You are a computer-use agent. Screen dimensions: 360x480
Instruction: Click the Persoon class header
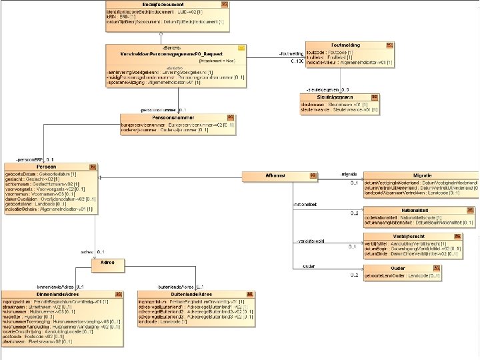point(46,166)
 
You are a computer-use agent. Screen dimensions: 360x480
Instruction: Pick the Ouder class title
point(398,268)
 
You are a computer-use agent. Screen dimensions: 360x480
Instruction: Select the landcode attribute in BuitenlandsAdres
point(164,321)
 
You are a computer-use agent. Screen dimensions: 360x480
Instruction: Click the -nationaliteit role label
point(305,204)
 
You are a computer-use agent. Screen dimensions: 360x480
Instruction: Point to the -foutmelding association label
point(291,53)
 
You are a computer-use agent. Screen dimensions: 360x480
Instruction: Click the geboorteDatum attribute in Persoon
point(50,173)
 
